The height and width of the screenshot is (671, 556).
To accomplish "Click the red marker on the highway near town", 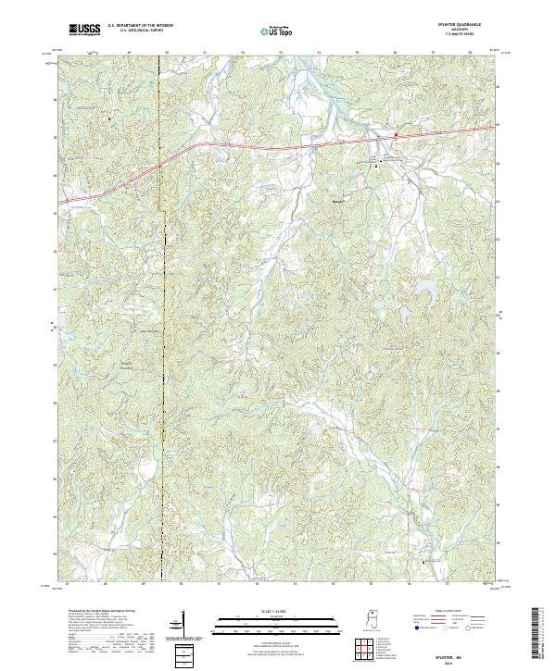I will click(396, 136).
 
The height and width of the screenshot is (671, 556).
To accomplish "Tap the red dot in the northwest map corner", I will click(108, 118).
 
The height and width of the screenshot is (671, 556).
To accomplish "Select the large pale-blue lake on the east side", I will click(427, 292).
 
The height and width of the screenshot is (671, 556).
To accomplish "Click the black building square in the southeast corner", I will click(424, 562).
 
